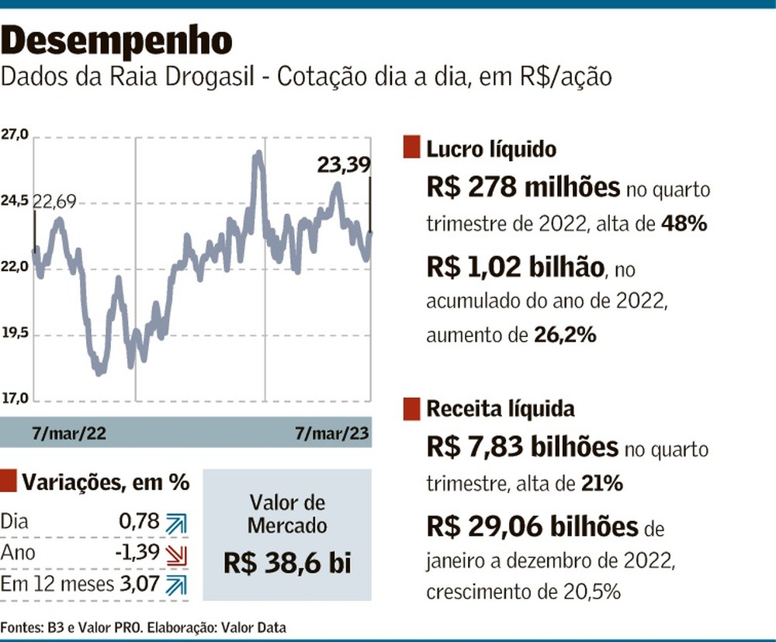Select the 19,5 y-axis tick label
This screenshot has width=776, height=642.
point(15,334)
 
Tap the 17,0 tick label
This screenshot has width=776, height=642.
point(15,399)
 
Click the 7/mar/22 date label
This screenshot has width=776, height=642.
point(69,432)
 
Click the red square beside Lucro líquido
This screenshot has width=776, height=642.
point(411,147)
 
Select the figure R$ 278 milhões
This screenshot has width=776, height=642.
point(523,189)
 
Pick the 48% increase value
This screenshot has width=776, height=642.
point(684,224)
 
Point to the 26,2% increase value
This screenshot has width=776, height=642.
point(565,335)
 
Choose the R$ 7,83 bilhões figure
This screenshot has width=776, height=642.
point(522,448)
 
